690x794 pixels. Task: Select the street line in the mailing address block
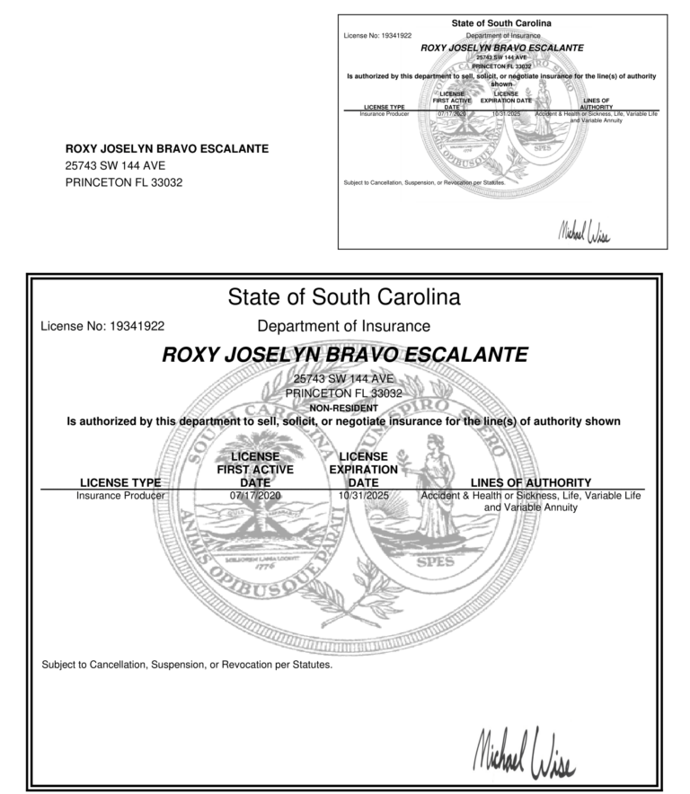tap(115, 165)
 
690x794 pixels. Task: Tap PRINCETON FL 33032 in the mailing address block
tap(124, 182)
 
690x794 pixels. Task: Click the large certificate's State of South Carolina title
tap(344, 296)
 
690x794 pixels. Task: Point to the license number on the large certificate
tap(102, 326)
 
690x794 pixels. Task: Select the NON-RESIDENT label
tap(344, 407)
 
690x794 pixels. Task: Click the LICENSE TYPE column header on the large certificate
tap(120, 482)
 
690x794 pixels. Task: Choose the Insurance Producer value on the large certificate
tap(120, 495)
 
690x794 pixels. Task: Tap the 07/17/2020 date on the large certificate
tap(256, 495)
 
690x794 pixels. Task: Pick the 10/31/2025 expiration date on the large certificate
tap(363, 495)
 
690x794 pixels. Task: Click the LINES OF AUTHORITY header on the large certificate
tap(531, 482)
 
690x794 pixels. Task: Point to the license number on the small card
tap(377, 35)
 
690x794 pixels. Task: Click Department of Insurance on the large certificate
tap(344, 326)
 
